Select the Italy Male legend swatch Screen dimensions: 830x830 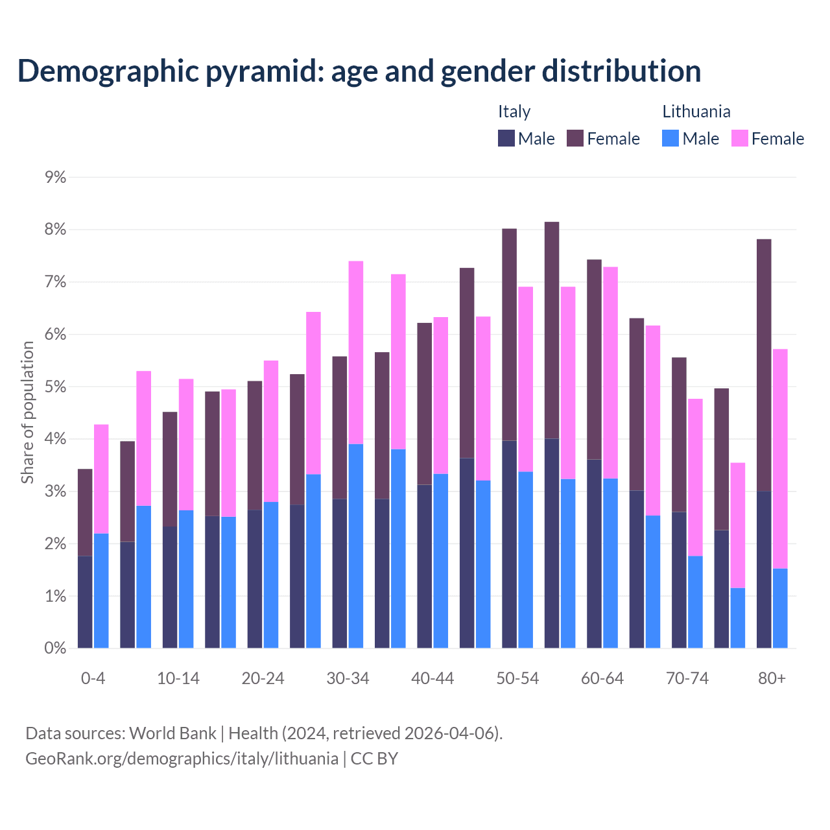pyautogui.click(x=506, y=138)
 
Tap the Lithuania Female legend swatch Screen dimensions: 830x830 pyautogui.click(x=739, y=138)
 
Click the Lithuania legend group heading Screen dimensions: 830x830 pyautogui.click(x=696, y=112)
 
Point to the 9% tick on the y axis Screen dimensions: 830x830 pyautogui.click(x=55, y=177)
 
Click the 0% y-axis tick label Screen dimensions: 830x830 pyautogui.click(x=55, y=648)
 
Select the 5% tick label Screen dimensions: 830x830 pyautogui.click(x=55, y=387)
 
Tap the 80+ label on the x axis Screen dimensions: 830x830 pyautogui.click(x=772, y=678)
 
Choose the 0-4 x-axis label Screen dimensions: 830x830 pyautogui.click(x=93, y=678)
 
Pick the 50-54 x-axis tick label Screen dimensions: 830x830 pyautogui.click(x=517, y=678)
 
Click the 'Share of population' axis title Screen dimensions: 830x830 pyautogui.click(x=28, y=412)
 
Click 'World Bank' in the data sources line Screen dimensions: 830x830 pyautogui.click(x=172, y=733)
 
